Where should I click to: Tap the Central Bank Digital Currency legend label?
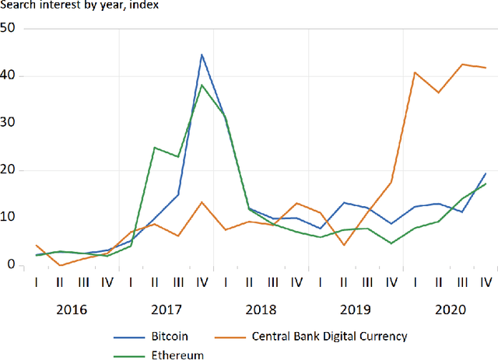click(x=330, y=337)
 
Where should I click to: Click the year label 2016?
click(x=72, y=309)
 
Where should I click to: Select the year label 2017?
click(x=167, y=309)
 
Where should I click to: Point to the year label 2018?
click(x=261, y=309)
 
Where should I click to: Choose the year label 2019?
click(x=356, y=309)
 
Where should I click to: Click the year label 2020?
click(x=451, y=309)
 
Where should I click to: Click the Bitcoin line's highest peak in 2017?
click(x=202, y=54)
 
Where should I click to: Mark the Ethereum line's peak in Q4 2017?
click(x=202, y=85)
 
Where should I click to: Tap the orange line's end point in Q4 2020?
click(x=486, y=68)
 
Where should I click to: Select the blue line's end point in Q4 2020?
click(x=486, y=173)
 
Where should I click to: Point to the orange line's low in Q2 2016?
click(x=61, y=265)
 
